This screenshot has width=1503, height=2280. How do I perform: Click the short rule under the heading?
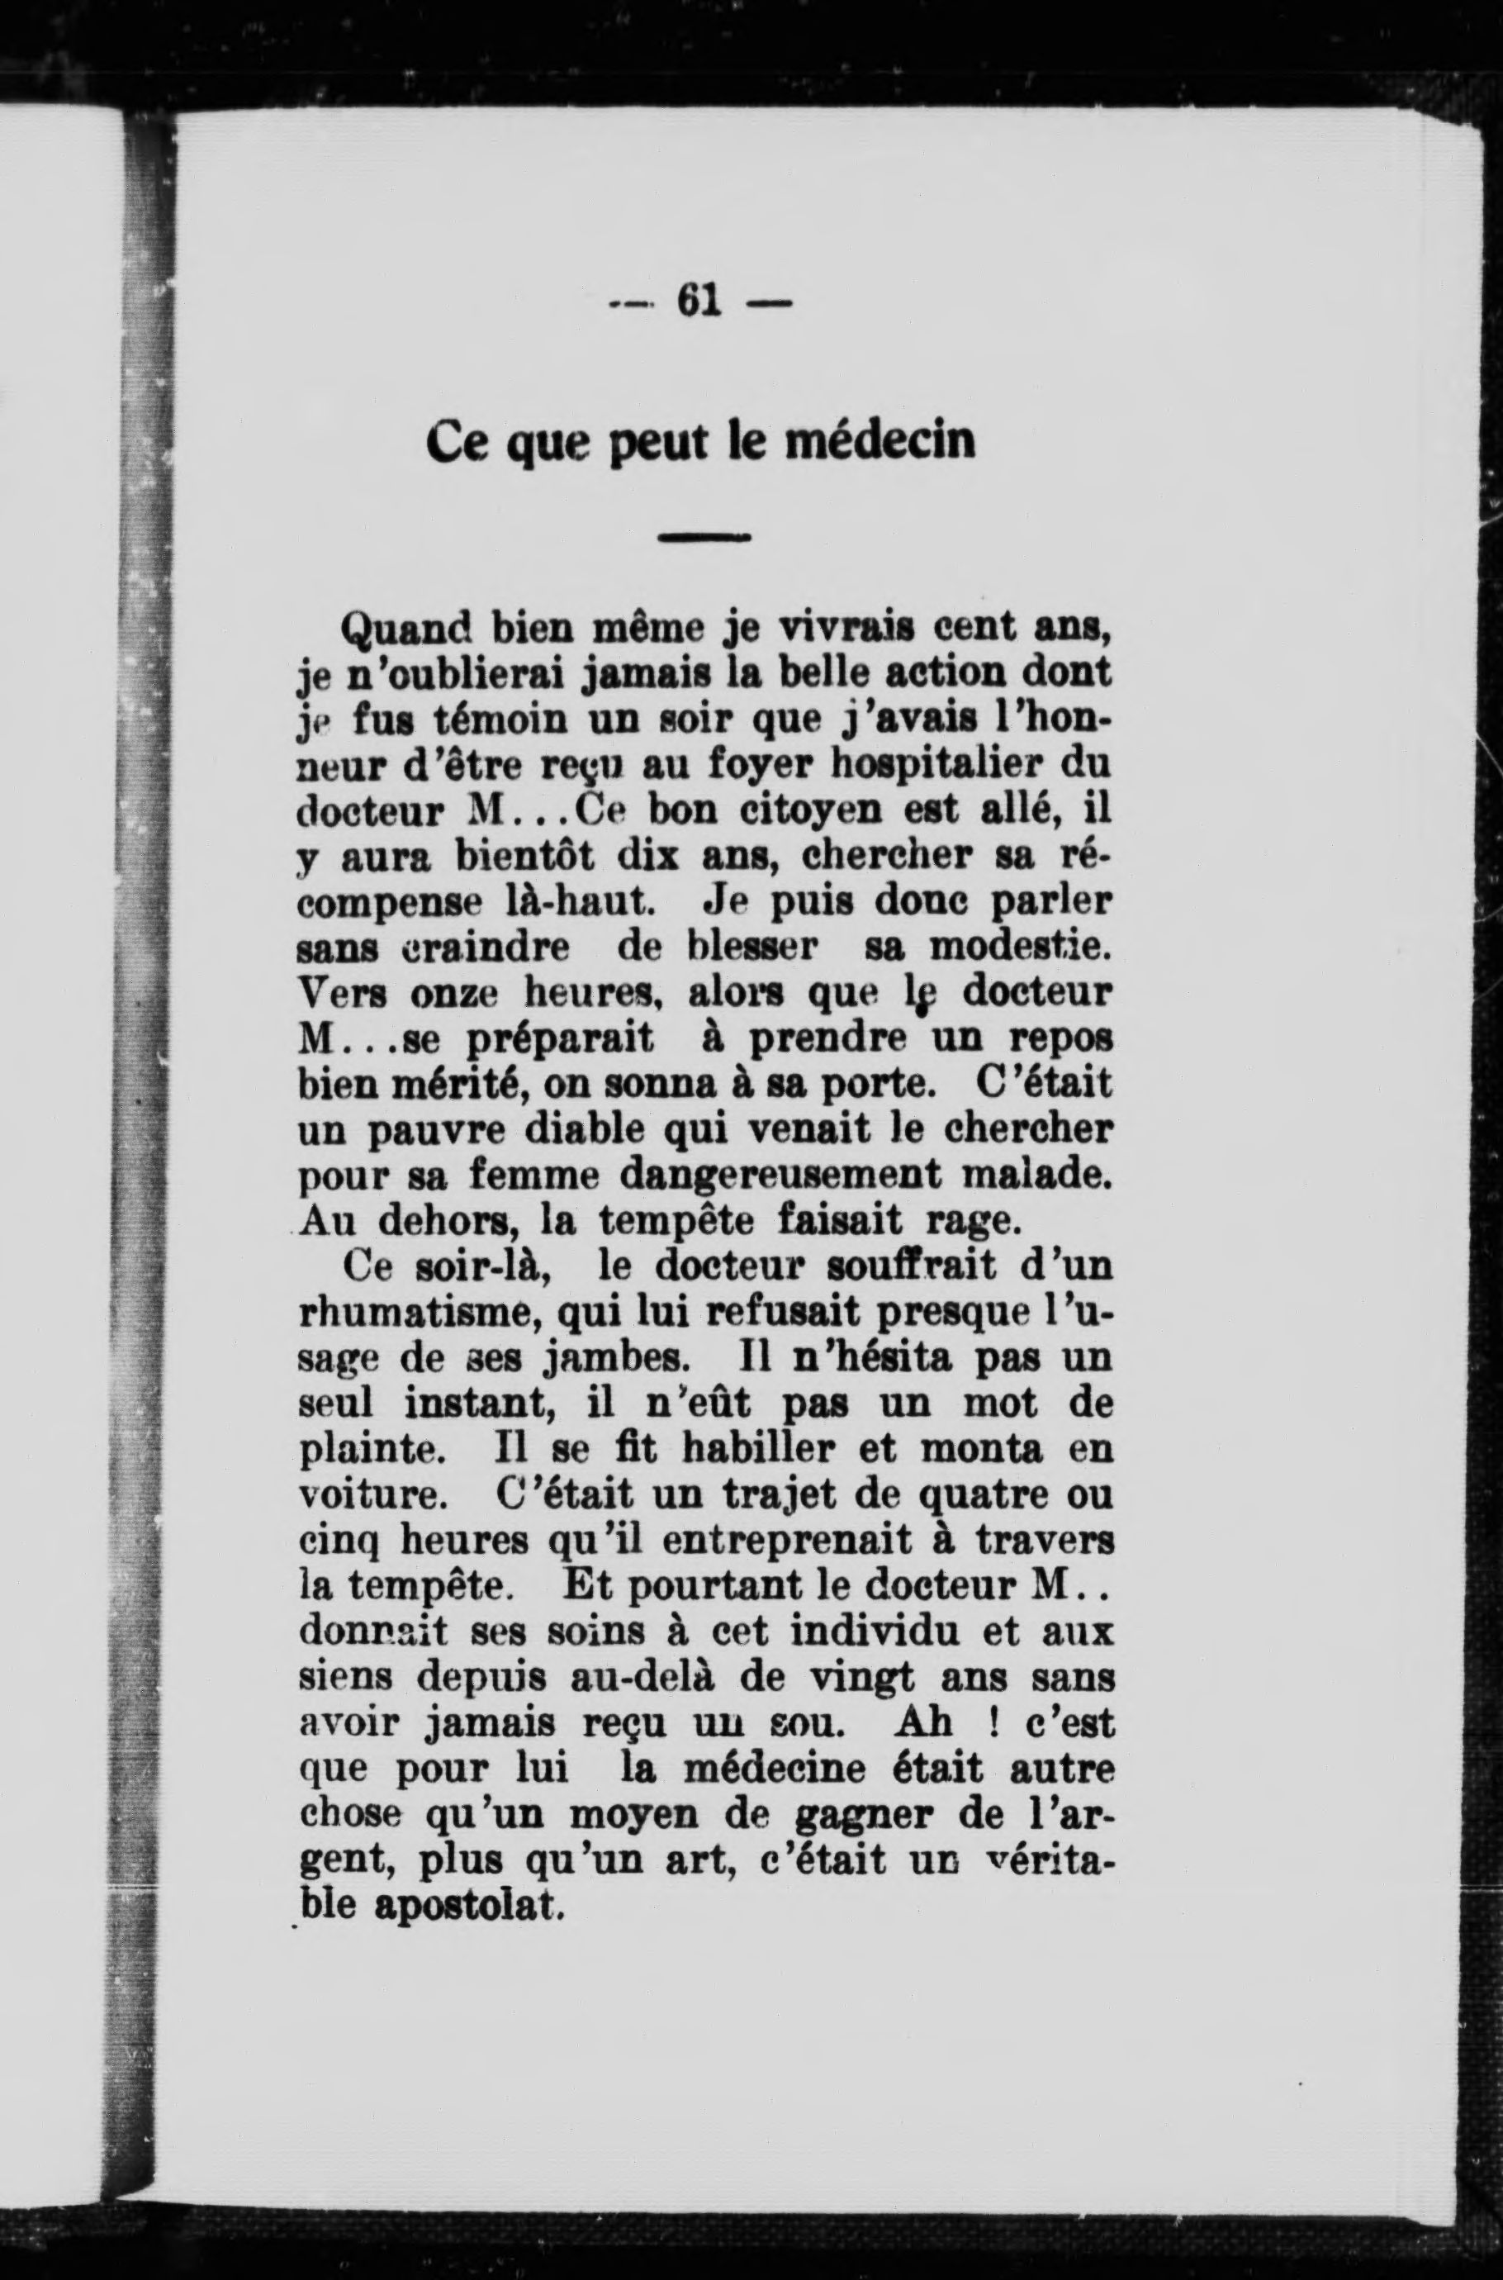pyautogui.click(x=704, y=537)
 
